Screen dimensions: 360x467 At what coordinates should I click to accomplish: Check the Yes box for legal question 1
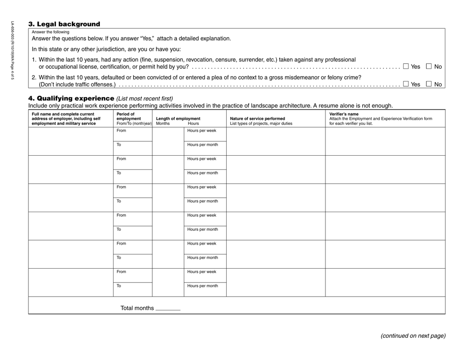tap(406, 66)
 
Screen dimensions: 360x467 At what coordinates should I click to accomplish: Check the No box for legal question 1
tap(429, 66)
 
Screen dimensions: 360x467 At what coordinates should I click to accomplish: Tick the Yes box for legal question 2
tap(406, 84)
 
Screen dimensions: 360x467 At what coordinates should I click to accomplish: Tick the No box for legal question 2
tap(429, 84)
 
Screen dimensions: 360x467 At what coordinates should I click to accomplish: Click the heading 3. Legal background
tap(64, 24)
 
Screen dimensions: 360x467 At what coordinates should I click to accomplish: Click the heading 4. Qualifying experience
tap(71, 98)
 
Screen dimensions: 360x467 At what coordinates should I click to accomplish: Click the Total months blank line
tap(168, 309)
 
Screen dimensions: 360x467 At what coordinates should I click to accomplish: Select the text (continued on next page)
tap(413, 336)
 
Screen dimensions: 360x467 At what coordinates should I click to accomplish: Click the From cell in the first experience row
tap(132, 134)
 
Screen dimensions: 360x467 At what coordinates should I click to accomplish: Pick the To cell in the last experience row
tap(132, 289)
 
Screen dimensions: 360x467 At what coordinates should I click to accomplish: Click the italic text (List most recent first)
tap(145, 98)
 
